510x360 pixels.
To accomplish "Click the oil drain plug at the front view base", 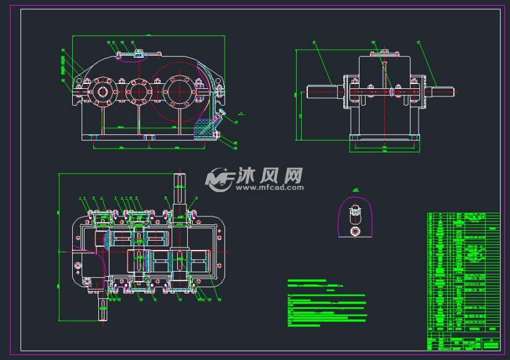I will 217,134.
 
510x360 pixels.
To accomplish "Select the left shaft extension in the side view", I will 322,92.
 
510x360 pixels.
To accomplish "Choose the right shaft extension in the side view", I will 440,92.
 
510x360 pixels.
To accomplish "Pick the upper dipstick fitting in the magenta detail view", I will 355,212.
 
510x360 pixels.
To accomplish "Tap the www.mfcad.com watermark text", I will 269,187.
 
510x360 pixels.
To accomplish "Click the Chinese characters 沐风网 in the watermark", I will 269,175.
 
